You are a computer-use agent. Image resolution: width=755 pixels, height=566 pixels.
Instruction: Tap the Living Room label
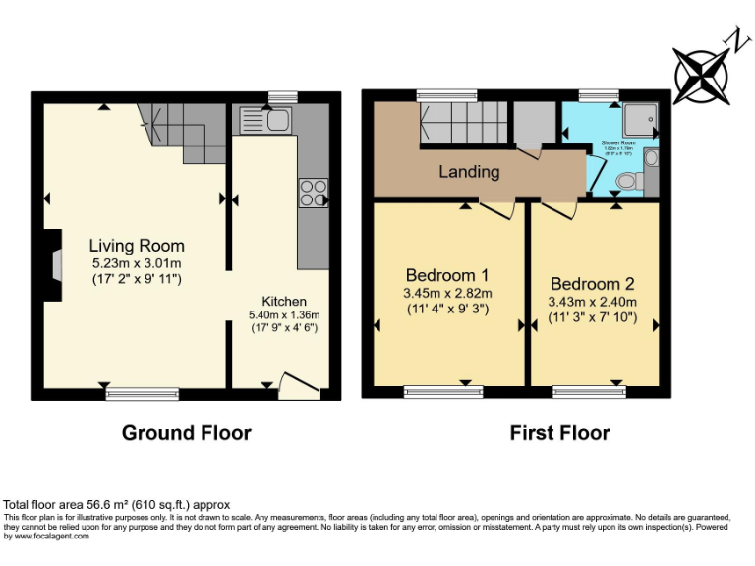(x=137, y=246)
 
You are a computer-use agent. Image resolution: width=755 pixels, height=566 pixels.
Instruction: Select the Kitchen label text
(x=284, y=301)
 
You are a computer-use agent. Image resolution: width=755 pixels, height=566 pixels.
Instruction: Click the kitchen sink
(x=265, y=121)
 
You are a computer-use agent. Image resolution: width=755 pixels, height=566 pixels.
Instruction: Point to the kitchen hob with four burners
(x=314, y=192)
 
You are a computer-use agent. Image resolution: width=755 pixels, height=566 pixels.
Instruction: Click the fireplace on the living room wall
(x=54, y=264)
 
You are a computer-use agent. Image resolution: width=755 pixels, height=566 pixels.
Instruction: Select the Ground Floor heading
(x=186, y=433)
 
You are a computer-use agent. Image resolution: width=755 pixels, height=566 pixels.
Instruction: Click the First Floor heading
(x=559, y=433)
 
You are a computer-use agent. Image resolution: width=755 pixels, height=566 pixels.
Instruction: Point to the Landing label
(x=469, y=172)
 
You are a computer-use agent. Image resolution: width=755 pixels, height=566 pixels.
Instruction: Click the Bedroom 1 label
(x=447, y=274)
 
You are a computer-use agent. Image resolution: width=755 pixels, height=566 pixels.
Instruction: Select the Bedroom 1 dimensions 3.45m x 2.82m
(x=447, y=293)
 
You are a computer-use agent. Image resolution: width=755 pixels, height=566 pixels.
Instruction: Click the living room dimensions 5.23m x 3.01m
(x=137, y=263)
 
